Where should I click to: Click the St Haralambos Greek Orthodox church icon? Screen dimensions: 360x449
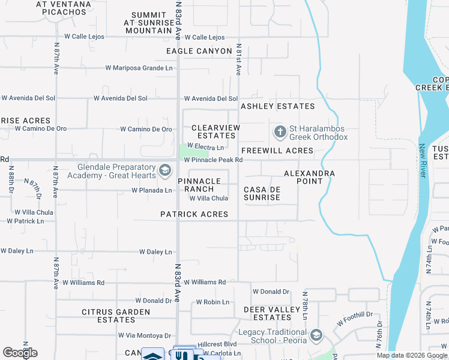[x=280, y=131]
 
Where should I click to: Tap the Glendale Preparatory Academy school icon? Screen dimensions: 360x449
[x=163, y=171]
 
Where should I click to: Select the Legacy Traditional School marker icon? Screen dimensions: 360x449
[x=317, y=335]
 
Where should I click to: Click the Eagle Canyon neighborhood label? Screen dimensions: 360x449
[x=199, y=52]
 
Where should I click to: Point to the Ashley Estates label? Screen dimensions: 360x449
[x=277, y=106]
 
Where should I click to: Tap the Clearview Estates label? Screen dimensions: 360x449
[x=215, y=132]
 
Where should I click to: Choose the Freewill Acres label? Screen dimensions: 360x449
[x=277, y=151]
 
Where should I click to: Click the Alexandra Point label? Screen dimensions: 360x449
[x=309, y=178]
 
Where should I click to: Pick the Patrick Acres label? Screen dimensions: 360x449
[x=194, y=214]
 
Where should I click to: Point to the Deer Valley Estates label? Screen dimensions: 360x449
[x=271, y=313]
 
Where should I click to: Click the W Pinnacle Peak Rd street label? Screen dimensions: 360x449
[x=213, y=160]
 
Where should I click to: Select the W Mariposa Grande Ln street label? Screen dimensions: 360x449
[x=139, y=68]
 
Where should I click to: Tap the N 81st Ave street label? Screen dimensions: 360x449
[x=238, y=59]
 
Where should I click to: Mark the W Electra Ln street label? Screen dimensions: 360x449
[x=205, y=146]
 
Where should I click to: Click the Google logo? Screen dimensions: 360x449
[x=20, y=353]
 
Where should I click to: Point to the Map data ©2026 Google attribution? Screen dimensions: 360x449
[x=411, y=355]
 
